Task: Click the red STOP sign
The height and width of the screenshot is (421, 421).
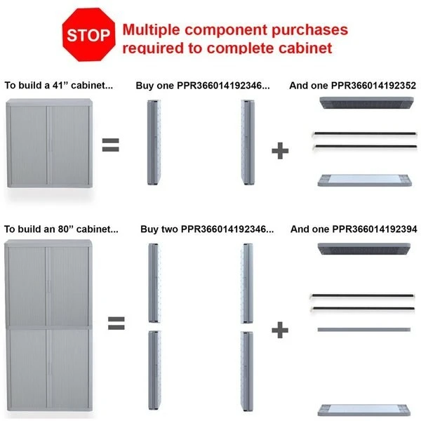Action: pos(88,34)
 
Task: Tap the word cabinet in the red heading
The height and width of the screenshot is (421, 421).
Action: pos(305,48)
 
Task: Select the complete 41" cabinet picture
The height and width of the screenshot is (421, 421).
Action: pos(50,143)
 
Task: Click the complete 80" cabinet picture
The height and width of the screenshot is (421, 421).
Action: pos(48,326)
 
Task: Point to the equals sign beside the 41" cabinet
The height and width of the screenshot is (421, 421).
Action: pos(110,145)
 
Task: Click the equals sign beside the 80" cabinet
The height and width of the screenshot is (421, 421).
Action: pos(116,323)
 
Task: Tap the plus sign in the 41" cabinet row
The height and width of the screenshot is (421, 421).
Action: pos(280,151)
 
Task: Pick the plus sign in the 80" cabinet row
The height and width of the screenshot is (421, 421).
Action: pos(280,330)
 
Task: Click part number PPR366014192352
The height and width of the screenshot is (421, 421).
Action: pos(373,86)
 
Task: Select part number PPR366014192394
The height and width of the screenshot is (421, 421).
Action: pos(375,229)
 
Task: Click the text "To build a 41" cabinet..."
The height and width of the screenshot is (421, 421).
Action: pos(59,86)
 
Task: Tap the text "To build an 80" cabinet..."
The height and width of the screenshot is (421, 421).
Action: pos(61,229)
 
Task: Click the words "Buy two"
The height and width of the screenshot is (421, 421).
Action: pos(159,229)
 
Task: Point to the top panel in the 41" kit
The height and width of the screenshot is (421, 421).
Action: pos(366,103)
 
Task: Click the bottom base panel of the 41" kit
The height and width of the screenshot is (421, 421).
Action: pos(365,180)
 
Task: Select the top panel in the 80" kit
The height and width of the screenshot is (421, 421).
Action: pos(364,249)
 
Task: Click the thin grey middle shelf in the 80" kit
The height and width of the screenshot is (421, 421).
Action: pos(364,330)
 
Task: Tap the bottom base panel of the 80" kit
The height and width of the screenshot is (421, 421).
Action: pos(364,410)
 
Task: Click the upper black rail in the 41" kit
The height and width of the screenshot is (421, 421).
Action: pos(365,133)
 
